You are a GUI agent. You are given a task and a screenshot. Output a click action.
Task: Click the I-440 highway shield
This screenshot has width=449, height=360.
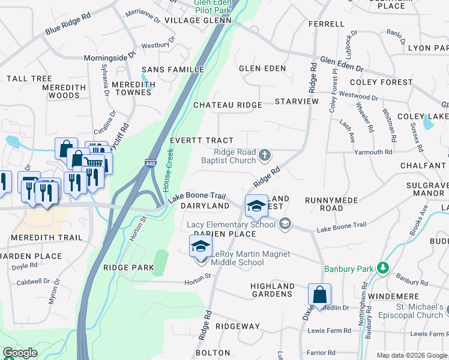(150, 163)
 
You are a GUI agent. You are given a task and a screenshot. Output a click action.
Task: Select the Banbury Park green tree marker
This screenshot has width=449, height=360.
(382, 268)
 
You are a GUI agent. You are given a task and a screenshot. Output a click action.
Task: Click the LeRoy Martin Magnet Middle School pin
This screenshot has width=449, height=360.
(200, 247)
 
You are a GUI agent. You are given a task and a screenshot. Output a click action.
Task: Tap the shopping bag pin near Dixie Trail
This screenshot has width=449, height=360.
(319, 295)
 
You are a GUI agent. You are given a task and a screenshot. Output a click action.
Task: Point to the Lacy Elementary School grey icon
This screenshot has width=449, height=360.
(285, 224)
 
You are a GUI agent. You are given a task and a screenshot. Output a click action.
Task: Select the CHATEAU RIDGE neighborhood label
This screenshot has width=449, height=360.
(228, 105)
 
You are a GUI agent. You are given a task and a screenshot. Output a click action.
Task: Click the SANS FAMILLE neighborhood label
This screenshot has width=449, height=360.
(172, 70)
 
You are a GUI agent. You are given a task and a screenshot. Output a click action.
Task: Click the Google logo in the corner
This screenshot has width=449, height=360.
(20, 353)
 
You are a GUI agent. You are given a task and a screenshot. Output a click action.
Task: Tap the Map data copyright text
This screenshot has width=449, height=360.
(412, 355)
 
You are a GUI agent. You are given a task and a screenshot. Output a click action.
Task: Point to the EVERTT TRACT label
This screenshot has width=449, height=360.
(201, 140)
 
